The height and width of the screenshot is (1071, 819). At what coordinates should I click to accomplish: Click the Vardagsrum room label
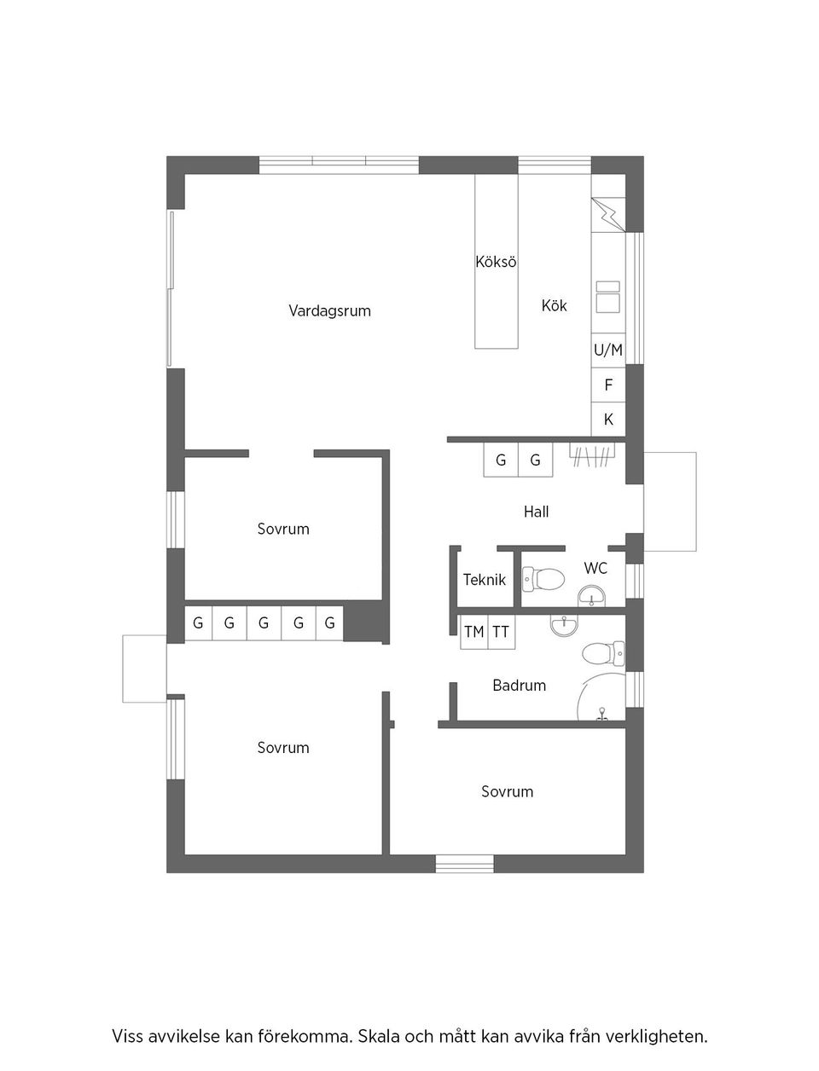coord(329,310)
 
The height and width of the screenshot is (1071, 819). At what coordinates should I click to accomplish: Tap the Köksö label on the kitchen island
coord(496,262)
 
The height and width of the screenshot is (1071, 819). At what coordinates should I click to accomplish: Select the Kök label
coord(554,305)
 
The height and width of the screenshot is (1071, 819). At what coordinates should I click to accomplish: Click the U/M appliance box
coord(608,350)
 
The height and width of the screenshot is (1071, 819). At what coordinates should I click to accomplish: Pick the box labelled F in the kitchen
coord(608,385)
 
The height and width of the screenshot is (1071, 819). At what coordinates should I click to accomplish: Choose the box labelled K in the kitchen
coord(608,420)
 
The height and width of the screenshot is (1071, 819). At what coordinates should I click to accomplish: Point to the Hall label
coord(536,512)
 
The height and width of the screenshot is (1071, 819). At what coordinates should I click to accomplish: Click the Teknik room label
coord(484,580)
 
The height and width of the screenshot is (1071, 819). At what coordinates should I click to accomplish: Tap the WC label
coord(595,568)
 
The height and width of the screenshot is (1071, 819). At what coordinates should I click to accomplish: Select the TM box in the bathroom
coord(473,632)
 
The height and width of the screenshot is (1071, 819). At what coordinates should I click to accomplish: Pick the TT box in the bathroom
coord(501,632)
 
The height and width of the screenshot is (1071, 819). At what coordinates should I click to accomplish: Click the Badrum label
coord(519,685)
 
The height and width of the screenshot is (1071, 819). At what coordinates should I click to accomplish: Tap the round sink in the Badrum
coord(563,627)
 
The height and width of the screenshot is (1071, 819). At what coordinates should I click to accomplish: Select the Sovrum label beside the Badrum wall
coord(507,791)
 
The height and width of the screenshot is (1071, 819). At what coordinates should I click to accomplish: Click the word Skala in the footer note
coord(378,1037)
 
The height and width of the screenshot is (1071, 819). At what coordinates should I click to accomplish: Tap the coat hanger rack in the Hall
coord(592,456)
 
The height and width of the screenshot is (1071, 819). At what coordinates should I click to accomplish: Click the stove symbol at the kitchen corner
coord(608,215)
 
